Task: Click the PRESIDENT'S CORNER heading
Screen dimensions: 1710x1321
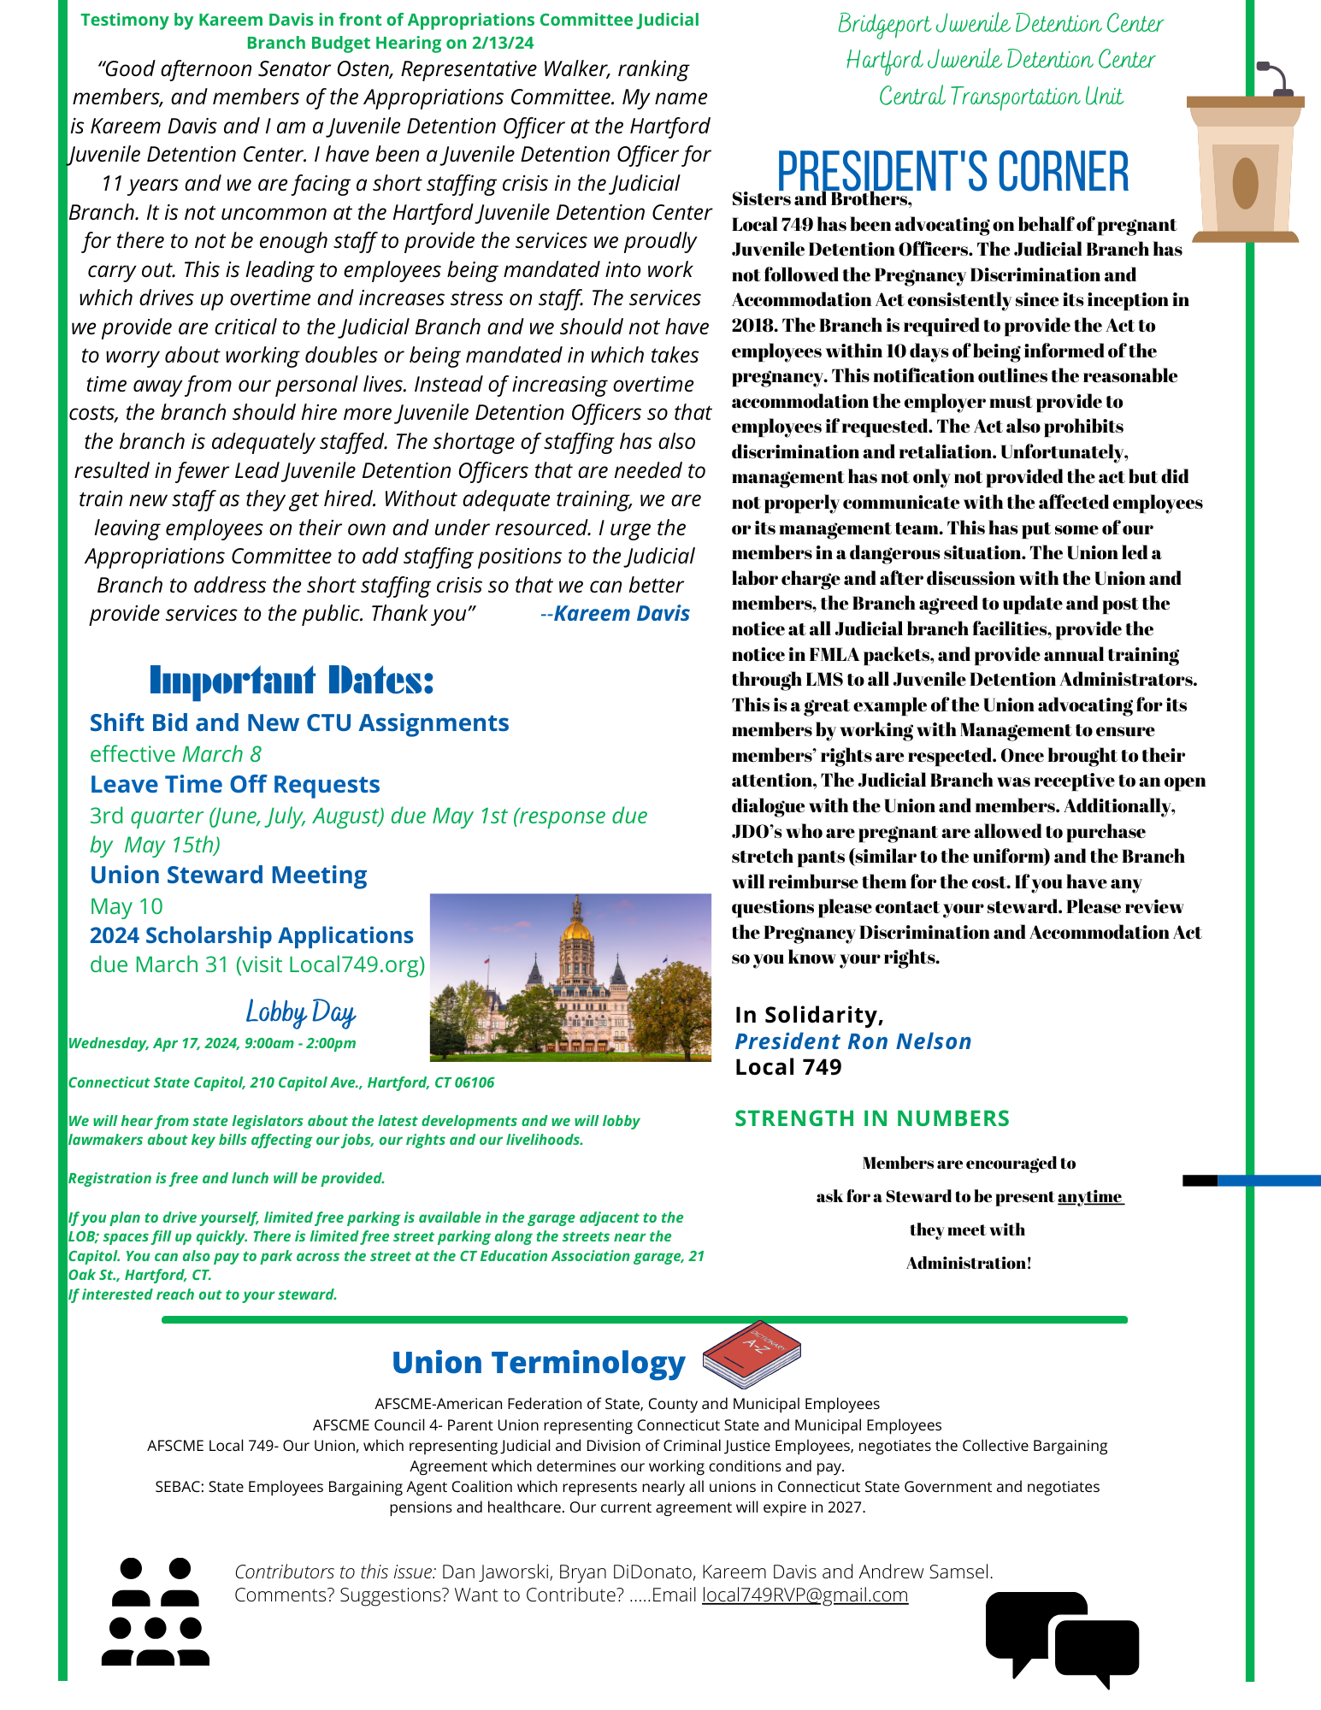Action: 952,171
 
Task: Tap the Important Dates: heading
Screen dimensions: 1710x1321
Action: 292,681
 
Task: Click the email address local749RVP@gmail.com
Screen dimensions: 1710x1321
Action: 805,1595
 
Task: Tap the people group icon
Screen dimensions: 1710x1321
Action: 155,1612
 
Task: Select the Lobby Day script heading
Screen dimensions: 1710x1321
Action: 300,1012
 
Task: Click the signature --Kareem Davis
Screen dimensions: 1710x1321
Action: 616,614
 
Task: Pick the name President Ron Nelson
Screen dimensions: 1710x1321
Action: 852,1041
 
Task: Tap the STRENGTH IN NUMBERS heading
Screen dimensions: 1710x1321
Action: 872,1118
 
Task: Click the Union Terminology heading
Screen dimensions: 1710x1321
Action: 539,1363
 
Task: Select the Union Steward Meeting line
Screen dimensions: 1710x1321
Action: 228,876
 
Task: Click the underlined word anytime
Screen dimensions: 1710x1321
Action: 1090,1196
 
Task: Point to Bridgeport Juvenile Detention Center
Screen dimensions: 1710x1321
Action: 1000,24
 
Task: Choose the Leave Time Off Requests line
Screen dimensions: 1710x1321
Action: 235,785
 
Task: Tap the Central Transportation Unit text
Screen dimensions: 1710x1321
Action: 1000,97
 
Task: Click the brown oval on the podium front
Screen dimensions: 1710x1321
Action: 1245,183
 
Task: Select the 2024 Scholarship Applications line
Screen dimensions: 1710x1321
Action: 251,935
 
